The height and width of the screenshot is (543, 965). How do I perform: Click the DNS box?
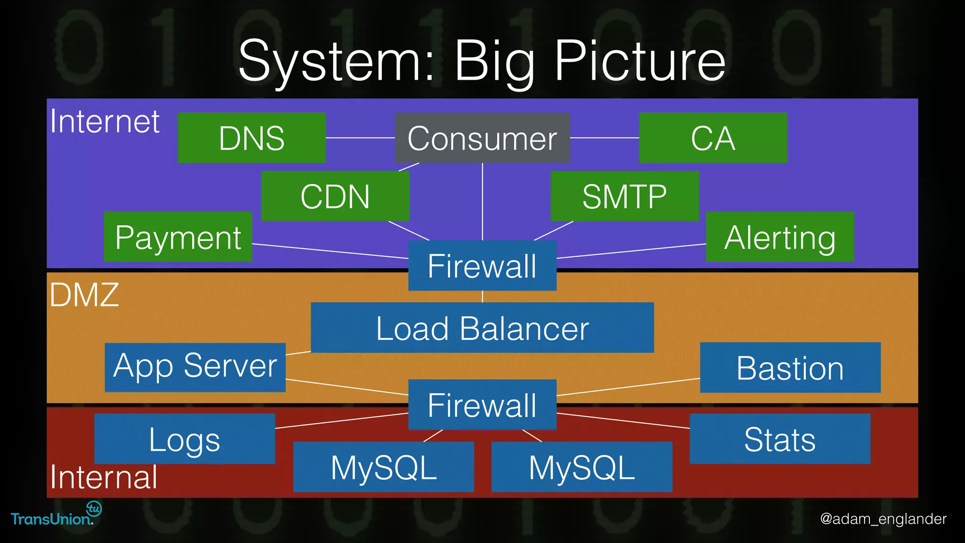click(x=252, y=138)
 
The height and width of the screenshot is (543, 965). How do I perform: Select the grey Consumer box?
click(x=482, y=138)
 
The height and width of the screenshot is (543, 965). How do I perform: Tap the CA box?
click(x=712, y=138)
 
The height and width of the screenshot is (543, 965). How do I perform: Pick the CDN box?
click(x=335, y=196)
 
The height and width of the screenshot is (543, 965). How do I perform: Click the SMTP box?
click(x=624, y=196)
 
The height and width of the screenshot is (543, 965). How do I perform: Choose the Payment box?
click(x=178, y=237)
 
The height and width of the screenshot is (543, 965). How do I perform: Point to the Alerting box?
click(x=780, y=237)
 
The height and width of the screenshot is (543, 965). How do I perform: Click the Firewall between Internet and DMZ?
click(x=482, y=265)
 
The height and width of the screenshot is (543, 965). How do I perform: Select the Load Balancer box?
click(x=482, y=328)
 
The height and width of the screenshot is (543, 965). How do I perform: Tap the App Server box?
click(x=195, y=367)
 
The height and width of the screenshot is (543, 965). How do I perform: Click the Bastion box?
click(x=790, y=368)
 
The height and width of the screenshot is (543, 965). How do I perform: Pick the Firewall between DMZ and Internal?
click(x=482, y=404)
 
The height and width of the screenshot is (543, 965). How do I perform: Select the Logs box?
click(x=184, y=439)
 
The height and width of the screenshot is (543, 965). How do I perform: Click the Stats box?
click(x=780, y=439)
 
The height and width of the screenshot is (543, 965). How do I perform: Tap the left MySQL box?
click(x=384, y=467)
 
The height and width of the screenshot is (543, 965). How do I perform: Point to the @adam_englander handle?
click(x=883, y=518)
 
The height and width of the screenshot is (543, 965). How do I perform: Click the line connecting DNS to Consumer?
click(x=360, y=138)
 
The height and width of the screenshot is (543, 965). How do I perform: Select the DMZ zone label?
click(x=84, y=295)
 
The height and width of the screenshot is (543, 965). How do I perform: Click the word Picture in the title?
click(x=639, y=61)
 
